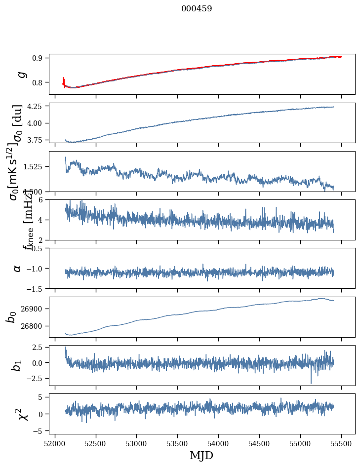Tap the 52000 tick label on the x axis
[55, 444]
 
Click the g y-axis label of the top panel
[20, 75]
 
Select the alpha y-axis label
[18, 268]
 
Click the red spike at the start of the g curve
[64, 80]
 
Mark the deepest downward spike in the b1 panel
[311, 383]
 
